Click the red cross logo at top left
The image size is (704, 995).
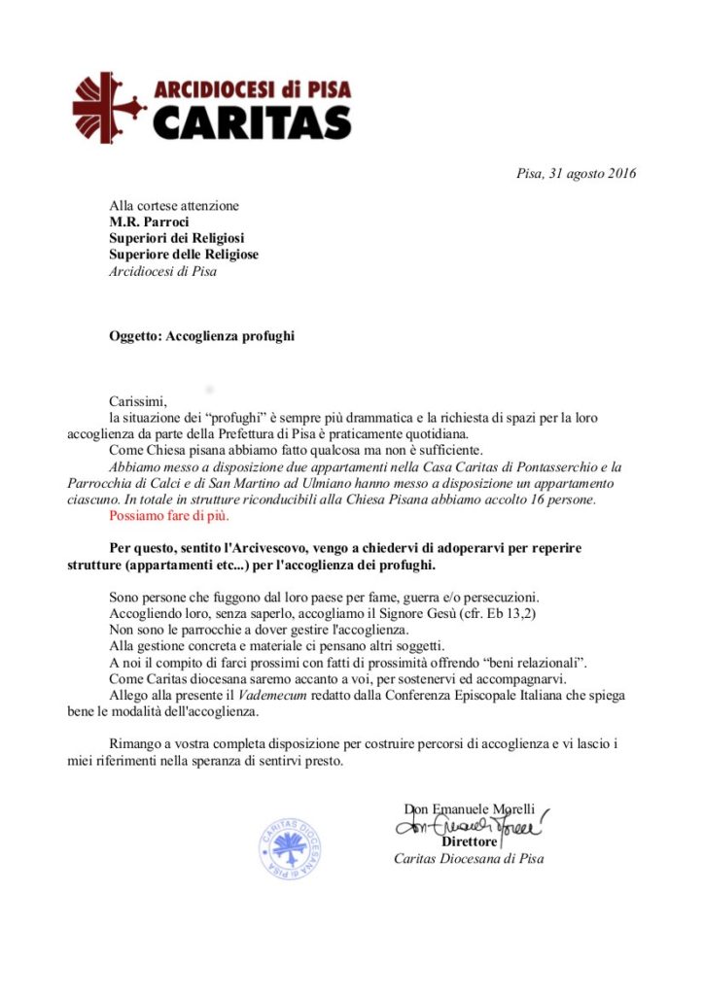tap(108, 108)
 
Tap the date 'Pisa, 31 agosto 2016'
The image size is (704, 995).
tap(576, 174)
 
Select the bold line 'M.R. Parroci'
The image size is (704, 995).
tap(150, 222)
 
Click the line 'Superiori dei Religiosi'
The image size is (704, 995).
tap(177, 238)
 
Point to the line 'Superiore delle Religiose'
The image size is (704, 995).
tap(184, 255)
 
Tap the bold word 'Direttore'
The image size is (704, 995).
tap(470, 841)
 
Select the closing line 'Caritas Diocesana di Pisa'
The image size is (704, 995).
tap(469, 858)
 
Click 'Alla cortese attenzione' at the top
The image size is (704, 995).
tap(174, 205)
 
